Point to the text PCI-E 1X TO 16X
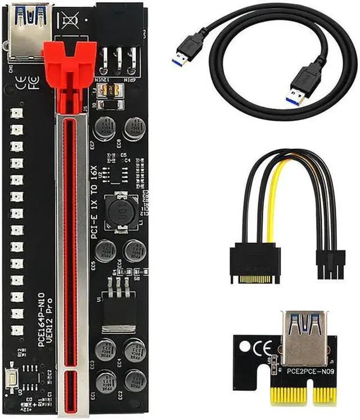[95, 199]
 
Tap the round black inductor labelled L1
[119, 211]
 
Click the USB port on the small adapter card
[304, 337]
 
